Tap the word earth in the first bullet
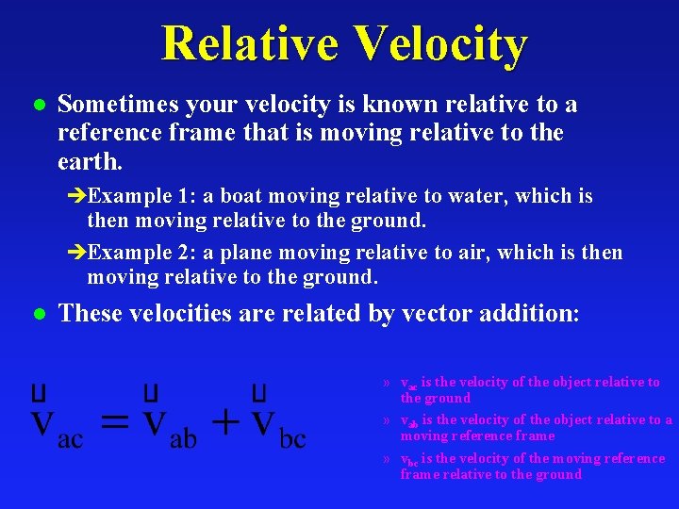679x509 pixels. coord(88,162)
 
